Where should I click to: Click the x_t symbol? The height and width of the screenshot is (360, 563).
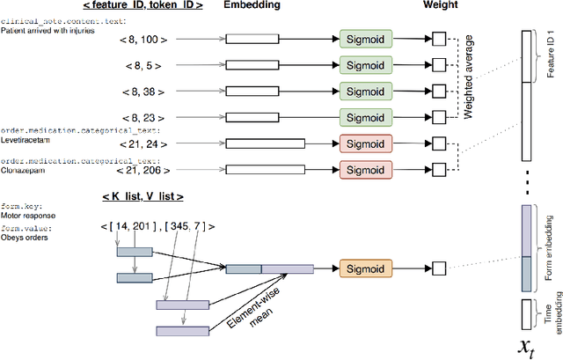point(528,346)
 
